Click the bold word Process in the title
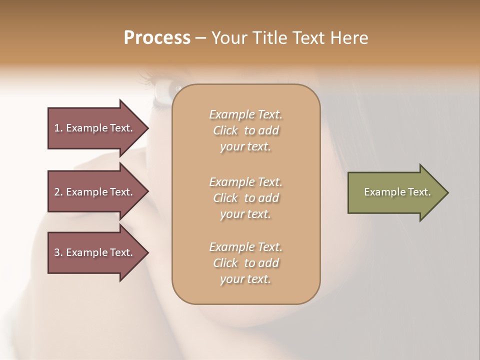157,38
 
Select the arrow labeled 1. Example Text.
95,128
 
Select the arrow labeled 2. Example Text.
95,192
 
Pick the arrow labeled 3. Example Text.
95,252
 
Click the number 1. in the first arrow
58,128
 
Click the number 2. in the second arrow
58,192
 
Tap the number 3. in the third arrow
58,252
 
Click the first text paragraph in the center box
246,130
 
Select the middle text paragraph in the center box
246,198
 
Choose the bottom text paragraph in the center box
246,263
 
